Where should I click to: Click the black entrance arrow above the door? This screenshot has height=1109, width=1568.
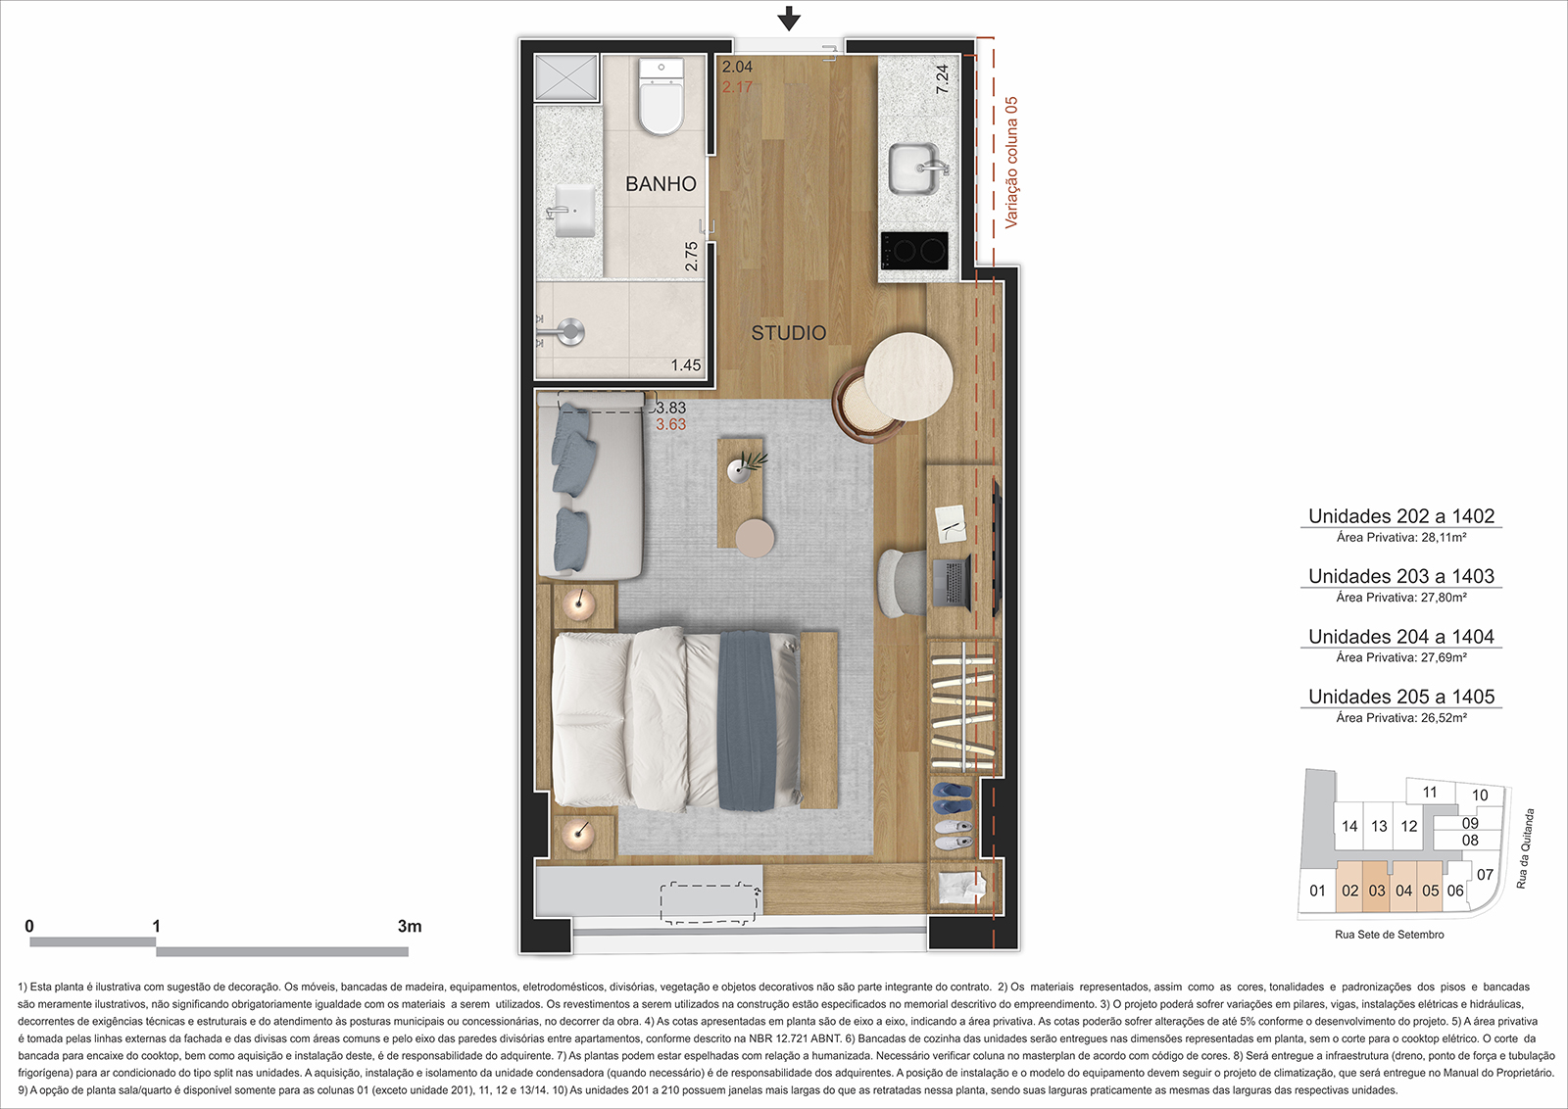point(789,19)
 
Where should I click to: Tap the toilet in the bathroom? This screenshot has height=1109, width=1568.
point(661,97)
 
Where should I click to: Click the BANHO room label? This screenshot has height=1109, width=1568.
point(661,184)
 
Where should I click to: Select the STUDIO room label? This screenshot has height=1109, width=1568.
point(789,333)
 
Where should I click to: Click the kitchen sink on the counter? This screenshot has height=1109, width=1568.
point(915,168)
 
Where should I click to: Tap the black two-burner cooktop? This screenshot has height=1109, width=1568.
point(915,251)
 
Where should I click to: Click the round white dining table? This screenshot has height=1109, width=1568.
point(908,377)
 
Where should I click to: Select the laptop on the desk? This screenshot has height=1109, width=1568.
point(951,581)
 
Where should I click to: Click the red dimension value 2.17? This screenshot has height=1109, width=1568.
point(737,87)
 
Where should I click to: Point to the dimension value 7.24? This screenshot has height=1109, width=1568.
point(942,79)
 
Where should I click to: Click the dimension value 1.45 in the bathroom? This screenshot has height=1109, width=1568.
point(686,365)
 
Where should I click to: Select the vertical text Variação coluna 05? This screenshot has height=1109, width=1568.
point(1011,163)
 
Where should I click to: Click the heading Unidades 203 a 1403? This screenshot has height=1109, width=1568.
point(1401,576)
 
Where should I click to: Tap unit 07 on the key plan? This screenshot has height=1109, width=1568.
point(1485,875)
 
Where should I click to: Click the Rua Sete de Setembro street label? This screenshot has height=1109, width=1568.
point(1390,935)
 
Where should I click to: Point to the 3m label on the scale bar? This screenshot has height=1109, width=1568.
point(410,927)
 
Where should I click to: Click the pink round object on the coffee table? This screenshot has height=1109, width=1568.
point(755,538)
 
